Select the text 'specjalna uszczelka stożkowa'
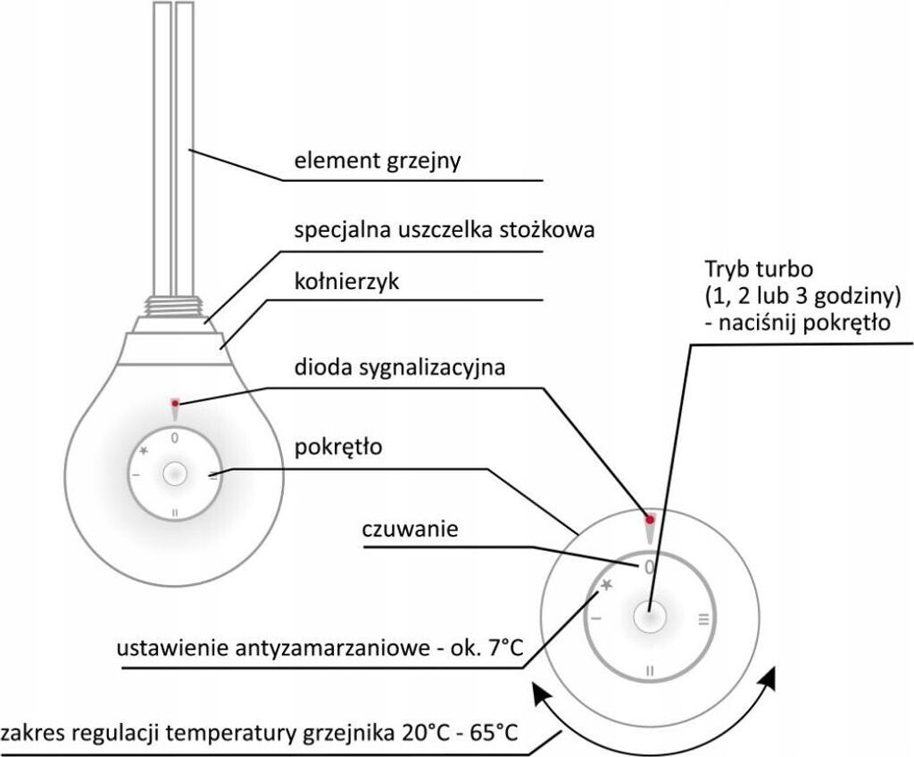pyautogui.click(x=445, y=230)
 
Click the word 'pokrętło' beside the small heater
pyautogui.click(x=338, y=447)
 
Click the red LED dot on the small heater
pyautogui.click(x=174, y=404)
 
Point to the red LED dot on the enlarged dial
pyautogui.click(x=650, y=519)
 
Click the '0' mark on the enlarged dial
pyautogui.click(x=649, y=566)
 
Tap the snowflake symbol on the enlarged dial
pyautogui.click(x=606, y=585)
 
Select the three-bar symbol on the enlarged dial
pyautogui.click(x=703, y=617)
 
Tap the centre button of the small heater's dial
pyautogui.click(x=175, y=474)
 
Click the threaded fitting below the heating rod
pyautogui.click(x=174, y=305)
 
